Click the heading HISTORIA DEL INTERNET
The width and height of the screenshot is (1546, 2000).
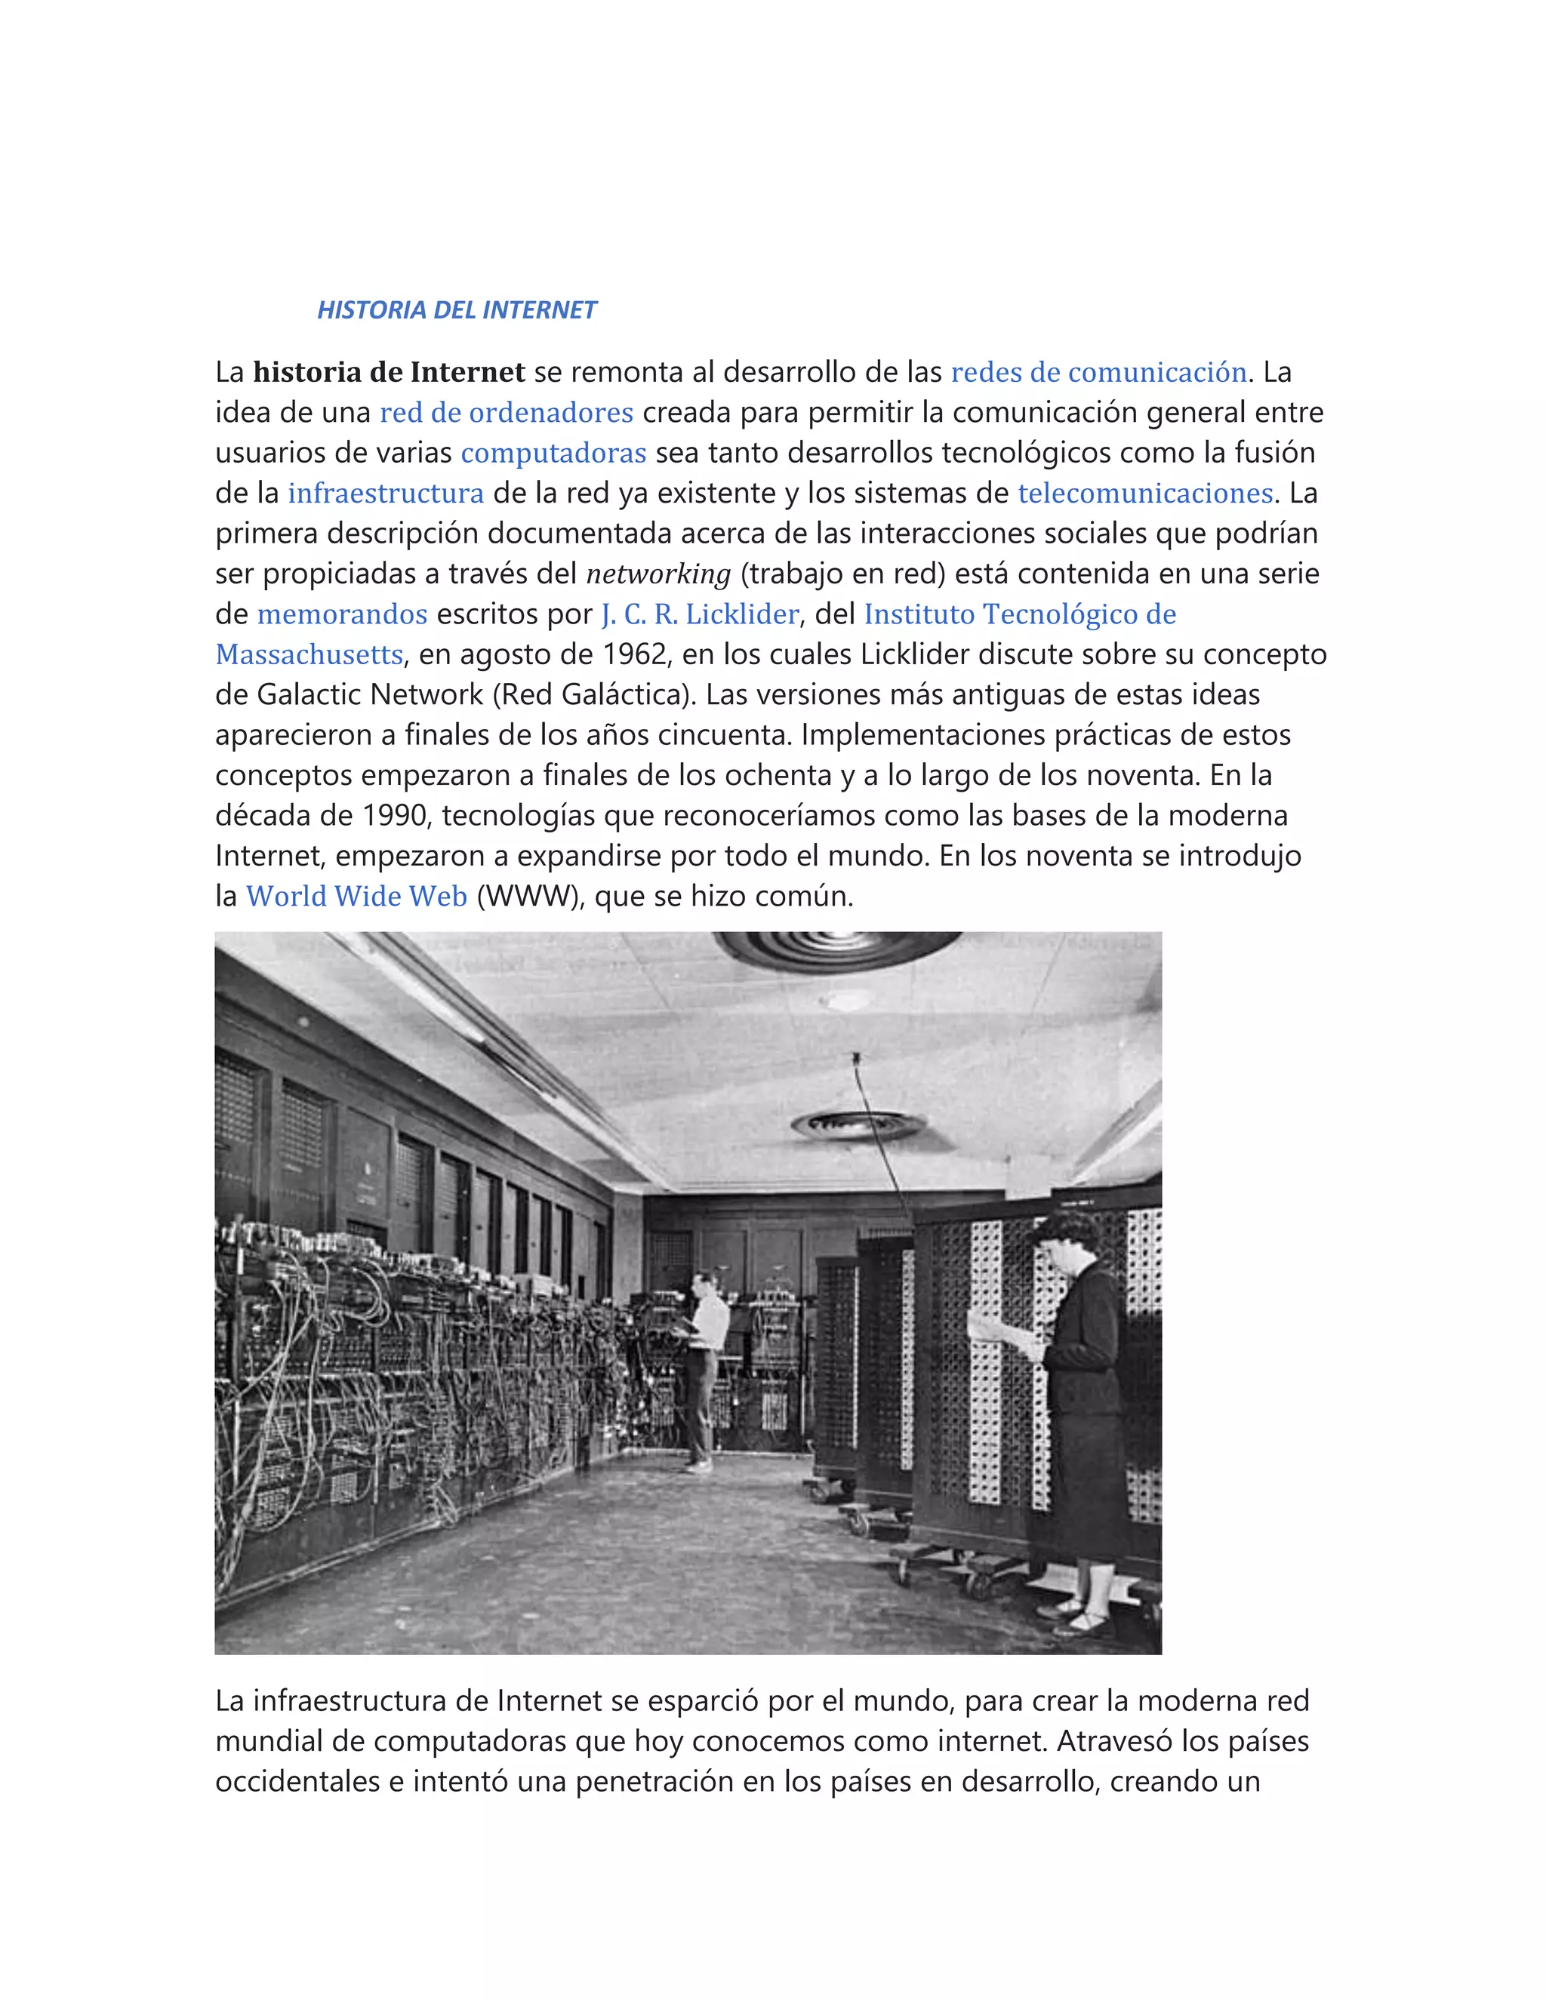[x=456, y=310]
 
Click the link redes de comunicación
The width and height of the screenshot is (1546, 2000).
[x=1098, y=372]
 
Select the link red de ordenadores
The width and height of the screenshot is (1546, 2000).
[x=507, y=412]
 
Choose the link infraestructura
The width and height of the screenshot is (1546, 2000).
[x=386, y=493]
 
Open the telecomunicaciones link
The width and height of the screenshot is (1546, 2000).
[x=1145, y=493]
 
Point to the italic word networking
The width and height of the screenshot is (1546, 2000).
[x=658, y=574]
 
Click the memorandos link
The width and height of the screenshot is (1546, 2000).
[x=342, y=614]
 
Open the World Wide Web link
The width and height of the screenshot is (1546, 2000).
[x=356, y=896]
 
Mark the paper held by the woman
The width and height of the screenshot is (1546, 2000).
[x=1003, y=1337]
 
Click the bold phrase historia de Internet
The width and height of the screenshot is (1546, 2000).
[x=388, y=372]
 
